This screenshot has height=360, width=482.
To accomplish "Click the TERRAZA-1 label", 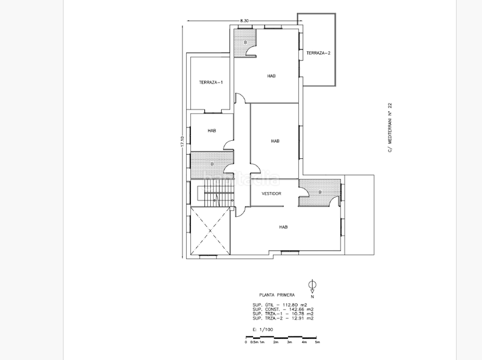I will click(x=211, y=82).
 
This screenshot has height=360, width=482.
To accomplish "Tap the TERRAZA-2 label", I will click(x=318, y=53).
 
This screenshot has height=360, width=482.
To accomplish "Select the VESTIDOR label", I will click(x=272, y=194).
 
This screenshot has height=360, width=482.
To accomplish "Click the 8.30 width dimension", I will click(x=244, y=21).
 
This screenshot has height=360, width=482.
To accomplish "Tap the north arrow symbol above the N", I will click(x=311, y=285).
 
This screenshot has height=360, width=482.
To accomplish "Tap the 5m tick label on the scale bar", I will click(x=318, y=342).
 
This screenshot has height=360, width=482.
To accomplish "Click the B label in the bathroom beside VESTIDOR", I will click(x=319, y=192).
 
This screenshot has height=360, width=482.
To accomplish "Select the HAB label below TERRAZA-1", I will click(x=211, y=131).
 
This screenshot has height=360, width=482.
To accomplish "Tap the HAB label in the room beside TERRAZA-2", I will click(x=271, y=76).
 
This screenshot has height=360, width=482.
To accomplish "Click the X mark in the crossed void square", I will click(x=210, y=231).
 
